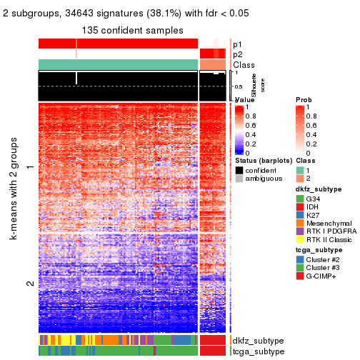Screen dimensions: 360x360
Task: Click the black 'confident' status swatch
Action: (x=239, y=171)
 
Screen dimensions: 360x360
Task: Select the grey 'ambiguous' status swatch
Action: (x=239, y=180)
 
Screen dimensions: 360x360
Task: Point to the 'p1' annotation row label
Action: (x=237, y=44)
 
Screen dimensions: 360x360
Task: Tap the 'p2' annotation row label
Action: (x=237, y=54)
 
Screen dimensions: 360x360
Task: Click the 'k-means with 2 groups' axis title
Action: (x=14, y=200)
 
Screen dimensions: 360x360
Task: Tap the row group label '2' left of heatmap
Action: (x=29, y=284)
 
